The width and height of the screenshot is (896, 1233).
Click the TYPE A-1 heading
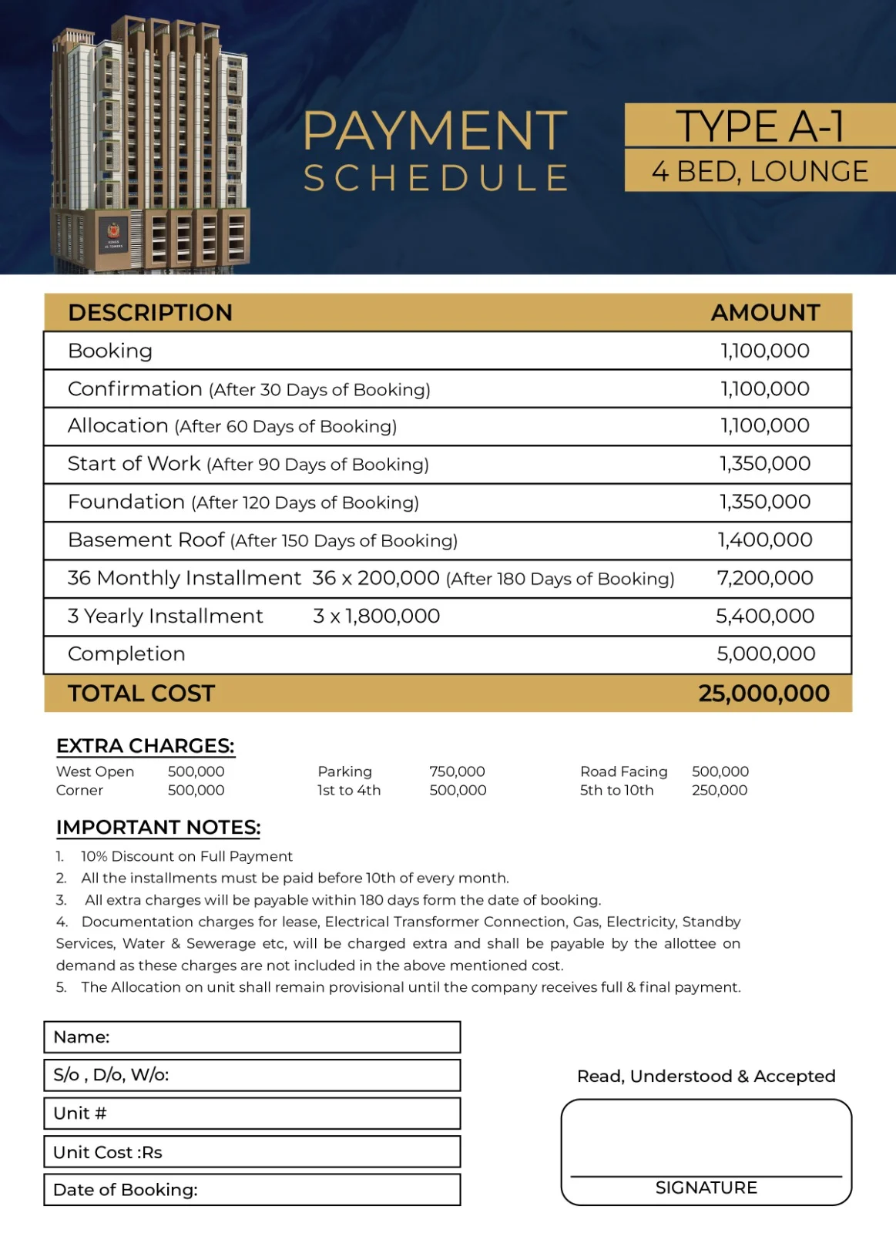coord(760,126)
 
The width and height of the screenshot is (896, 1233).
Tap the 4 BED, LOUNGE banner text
coord(760,171)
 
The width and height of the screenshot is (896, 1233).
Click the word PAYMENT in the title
coord(435,131)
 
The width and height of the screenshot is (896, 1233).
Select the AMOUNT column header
coord(765,312)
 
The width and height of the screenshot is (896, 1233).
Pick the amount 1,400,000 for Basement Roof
coord(765,539)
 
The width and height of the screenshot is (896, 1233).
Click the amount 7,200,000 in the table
coord(765,578)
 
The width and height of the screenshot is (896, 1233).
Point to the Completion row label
coord(126,653)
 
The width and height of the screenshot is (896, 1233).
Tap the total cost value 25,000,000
coord(763,693)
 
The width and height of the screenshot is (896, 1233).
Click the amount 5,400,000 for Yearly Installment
coord(765,616)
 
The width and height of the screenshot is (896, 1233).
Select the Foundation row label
coord(126,502)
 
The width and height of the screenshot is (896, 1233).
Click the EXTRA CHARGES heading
coord(145,746)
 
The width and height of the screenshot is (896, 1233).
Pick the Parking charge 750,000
coord(457,771)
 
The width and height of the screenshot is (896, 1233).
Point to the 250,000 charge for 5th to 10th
coord(720,790)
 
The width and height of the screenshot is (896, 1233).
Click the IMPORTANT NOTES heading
coord(158,828)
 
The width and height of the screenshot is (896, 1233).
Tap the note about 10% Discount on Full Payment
coord(186,856)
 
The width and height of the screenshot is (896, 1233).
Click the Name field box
coord(252,1037)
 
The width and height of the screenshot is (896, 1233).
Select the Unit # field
coord(252,1114)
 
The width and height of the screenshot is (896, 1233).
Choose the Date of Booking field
coord(252,1190)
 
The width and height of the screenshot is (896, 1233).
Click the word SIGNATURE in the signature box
coord(706,1188)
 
